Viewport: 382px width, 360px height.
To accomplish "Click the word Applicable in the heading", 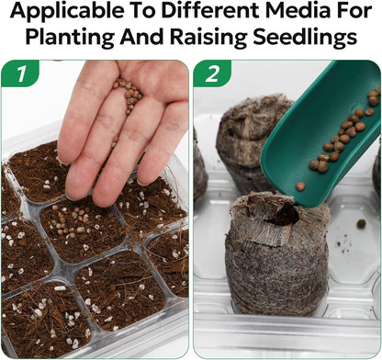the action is click(67, 11).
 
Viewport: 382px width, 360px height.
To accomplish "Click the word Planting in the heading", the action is click(70, 37).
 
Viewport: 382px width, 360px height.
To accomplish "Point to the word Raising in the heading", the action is click(208, 37).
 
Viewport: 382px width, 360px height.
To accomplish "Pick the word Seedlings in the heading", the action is click(305, 37).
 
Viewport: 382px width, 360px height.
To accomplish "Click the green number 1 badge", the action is click(20, 73).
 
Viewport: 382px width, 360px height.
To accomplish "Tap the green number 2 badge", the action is click(212, 73).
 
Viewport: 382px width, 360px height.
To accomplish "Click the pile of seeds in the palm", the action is click(129, 94).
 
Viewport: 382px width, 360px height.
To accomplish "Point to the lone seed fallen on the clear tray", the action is click(361, 224).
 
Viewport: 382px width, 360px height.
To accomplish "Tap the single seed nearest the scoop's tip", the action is click(300, 186).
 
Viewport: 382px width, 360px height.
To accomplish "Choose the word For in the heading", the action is click(354, 10).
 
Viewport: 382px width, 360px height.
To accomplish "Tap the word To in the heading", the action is click(143, 10).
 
